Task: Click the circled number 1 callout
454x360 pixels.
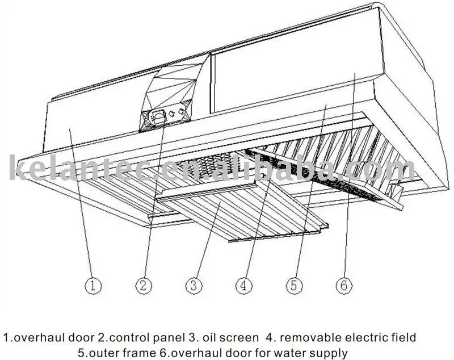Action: (x=94, y=286)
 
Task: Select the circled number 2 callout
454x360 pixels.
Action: (x=144, y=286)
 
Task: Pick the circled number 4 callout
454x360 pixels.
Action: (x=243, y=286)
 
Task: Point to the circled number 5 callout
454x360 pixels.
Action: (x=293, y=286)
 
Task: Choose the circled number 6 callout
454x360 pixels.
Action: (x=343, y=286)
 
